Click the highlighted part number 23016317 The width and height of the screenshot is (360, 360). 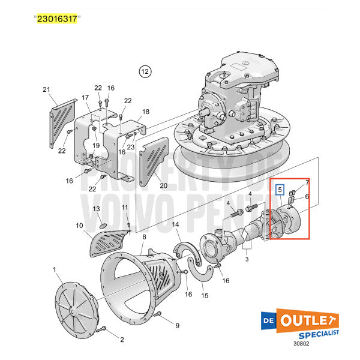[56, 19]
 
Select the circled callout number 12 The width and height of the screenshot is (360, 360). [144, 71]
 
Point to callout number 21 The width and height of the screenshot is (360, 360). [46, 89]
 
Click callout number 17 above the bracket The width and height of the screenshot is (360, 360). [85, 98]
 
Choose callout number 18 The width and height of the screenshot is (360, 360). [145, 112]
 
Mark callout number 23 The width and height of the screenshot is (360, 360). [130, 146]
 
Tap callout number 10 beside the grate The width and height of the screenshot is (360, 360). [79, 226]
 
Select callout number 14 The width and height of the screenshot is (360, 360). [176, 224]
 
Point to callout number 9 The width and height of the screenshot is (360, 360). [177, 325]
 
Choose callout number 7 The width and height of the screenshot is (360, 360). [307, 182]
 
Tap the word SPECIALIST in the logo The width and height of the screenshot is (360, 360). [316, 332]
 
